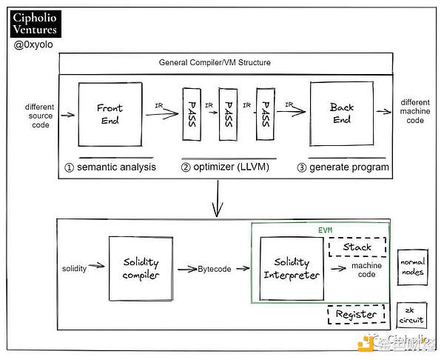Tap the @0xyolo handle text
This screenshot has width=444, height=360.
[33, 46]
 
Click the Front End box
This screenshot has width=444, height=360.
[110, 113]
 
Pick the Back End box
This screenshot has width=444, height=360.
[342, 113]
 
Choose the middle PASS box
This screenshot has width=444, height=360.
[229, 115]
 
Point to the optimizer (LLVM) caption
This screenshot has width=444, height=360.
[228, 167]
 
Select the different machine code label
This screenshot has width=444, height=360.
[415, 111]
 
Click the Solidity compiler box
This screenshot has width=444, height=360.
[140, 269]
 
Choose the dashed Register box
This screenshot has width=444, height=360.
[356, 314]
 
